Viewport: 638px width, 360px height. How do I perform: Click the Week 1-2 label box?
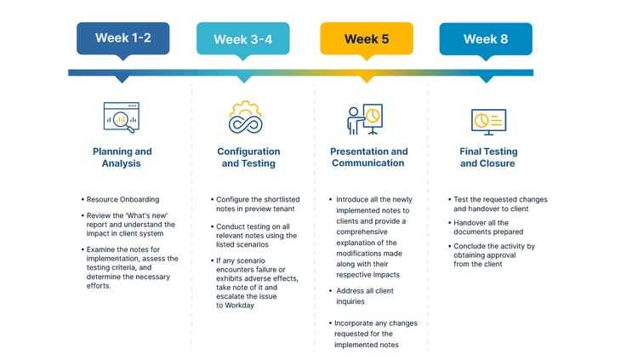(x=122, y=38)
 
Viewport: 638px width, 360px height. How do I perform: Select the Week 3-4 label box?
(x=242, y=38)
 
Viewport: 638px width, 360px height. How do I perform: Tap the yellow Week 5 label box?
(x=367, y=38)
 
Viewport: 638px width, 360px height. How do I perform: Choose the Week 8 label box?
(x=486, y=38)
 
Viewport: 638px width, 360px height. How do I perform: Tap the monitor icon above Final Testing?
(x=487, y=119)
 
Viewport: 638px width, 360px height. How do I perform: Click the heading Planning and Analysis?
(x=122, y=157)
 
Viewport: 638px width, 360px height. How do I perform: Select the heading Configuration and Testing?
(x=248, y=157)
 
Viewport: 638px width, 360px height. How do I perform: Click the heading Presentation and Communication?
(x=368, y=157)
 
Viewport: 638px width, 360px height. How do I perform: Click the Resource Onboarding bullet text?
(x=122, y=200)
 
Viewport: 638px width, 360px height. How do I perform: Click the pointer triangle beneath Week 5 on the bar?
(x=367, y=78)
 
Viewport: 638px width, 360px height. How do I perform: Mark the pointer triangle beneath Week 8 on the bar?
(x=486, y=78)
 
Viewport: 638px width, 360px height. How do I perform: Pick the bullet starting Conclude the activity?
(x=494, y=254)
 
